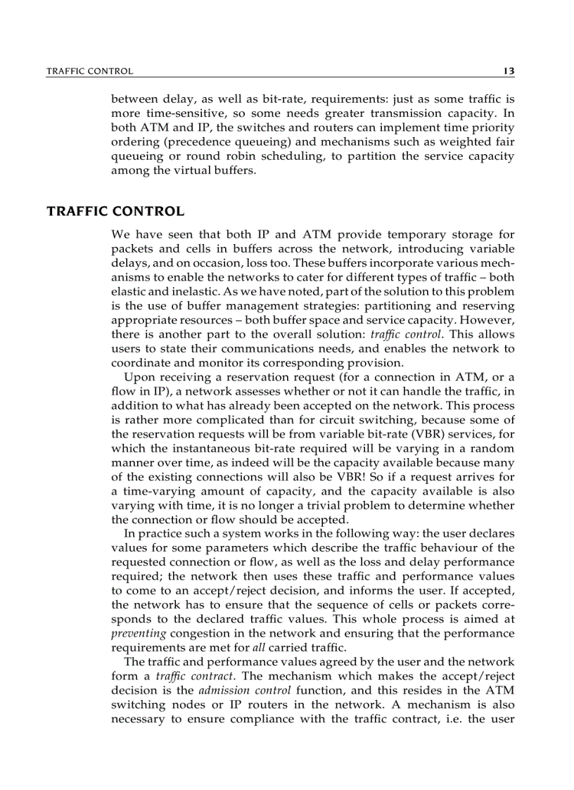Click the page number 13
pos(509,71)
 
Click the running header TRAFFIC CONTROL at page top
pos(89,71)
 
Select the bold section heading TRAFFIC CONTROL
pos(115,211)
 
